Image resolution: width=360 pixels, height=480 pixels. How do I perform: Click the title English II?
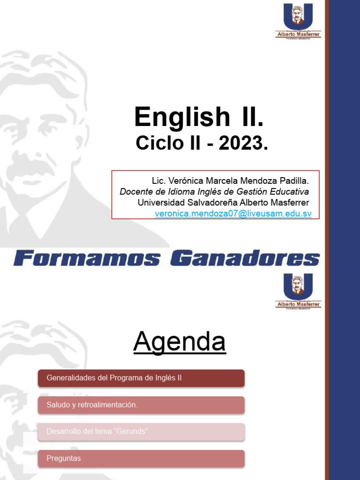pyautogui.click(x=199, y=117)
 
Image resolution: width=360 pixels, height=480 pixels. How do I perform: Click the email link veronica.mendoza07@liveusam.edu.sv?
pyautogui.click(x=233, y=213)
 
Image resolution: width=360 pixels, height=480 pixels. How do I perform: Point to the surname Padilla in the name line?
pyautogui.click(x=294, y=180)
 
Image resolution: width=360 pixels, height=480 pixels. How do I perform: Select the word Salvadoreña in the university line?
pyautogui.click(x=211, y=202)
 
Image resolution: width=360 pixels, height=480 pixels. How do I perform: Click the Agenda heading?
pyautogui.click(x=180, y=342)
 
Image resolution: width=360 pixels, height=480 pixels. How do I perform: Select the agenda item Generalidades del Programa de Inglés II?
pyautogui.click(x=141, y=378)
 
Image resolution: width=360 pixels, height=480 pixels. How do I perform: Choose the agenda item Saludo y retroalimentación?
pyautogui.click(x=141, y=405)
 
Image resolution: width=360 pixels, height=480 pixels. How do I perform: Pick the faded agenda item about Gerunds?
pyautogui.click(x=141, y=432)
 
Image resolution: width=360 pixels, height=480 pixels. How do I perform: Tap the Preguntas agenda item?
pyautogui.click(x=141, y=458)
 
